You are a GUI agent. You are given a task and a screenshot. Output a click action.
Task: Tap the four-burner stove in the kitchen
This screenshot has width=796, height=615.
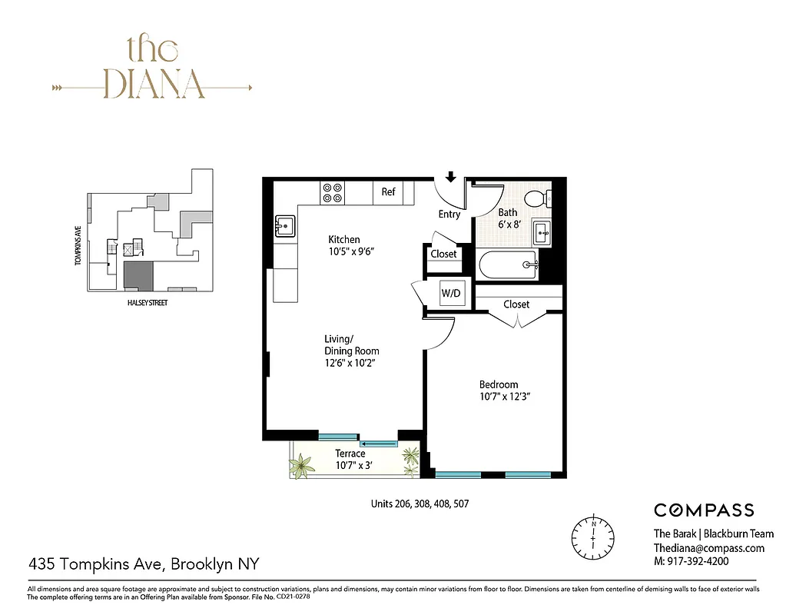[x=333, y=192]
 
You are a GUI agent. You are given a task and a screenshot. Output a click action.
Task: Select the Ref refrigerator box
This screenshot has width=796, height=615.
[x=388, y=192]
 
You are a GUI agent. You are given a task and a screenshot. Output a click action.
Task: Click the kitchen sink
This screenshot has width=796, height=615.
[x=285, y=226]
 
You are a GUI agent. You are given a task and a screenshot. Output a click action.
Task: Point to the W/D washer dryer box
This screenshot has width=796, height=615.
[x=450, y=293]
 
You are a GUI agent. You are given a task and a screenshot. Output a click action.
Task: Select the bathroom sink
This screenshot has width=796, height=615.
[x=542, y=231]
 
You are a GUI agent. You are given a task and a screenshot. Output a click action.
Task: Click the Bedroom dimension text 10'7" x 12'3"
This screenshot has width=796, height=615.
[x=505, y=397]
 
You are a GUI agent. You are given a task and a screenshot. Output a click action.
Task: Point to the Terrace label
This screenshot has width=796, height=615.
[x=350, y=454]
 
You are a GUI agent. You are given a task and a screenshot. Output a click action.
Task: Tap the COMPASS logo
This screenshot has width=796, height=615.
[x=703, y=510]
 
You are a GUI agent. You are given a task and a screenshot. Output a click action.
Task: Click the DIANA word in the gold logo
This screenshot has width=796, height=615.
[x=154, y=84]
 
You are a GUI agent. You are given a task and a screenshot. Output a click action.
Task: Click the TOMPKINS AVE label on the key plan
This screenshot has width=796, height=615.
[x=78, y=246]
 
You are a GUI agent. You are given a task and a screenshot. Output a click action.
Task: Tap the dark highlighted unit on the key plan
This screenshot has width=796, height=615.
[x=138, y=274]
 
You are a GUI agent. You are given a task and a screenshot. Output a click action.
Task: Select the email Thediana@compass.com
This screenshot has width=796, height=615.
[x=708, y=548]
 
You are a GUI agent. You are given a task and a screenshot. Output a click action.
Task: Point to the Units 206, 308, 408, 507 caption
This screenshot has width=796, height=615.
[x=419, y=505]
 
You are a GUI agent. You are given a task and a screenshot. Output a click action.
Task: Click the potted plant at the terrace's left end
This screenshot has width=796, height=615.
[x=302, y=465]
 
